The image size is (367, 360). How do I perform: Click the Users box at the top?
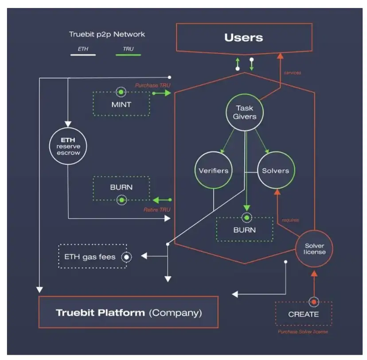click(243, 38)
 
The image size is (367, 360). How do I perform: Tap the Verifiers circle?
click(214, 171)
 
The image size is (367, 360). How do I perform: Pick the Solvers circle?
click(275, 171)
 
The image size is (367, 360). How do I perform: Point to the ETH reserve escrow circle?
click(68, 146)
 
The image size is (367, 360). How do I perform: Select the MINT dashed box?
click(121, 105)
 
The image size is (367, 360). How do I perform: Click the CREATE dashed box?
click(303, 314)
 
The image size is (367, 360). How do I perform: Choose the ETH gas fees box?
click(93, 256)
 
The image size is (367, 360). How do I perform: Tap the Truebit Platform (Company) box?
click(129, 313)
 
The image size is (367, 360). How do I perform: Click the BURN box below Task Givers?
click(245, 230)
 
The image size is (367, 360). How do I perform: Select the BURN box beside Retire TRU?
click(121, 187)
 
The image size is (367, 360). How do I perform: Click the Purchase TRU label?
click(153, 85)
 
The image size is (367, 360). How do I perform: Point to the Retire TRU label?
click(157, 209)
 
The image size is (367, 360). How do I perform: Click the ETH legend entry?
click(83, 49)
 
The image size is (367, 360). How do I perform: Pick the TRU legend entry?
click(128, 49)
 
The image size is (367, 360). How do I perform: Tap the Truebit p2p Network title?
click(107, 34)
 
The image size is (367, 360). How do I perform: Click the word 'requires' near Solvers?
click(290, 220)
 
